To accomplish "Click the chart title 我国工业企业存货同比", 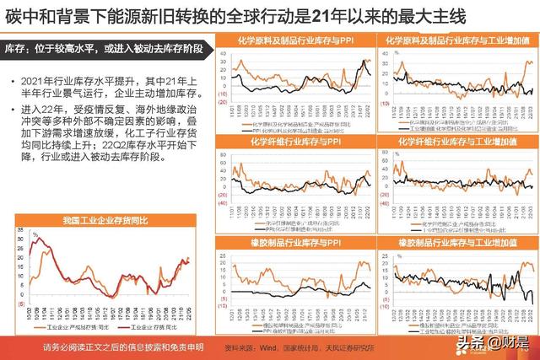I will point(105,220).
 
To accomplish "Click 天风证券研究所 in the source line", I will point(360,347).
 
